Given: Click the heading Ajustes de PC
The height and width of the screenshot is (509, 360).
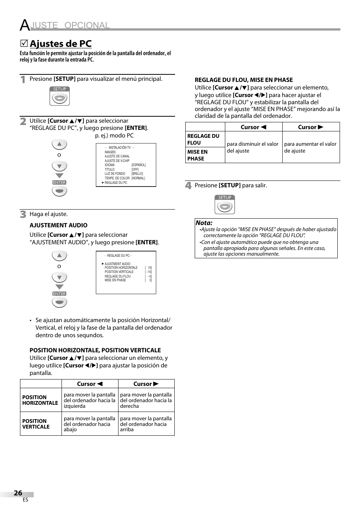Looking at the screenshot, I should tap(60, 44).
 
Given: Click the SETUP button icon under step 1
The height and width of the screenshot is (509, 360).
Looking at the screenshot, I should tap(60, 97).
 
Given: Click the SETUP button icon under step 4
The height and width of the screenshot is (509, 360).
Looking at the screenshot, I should tap(225, 205).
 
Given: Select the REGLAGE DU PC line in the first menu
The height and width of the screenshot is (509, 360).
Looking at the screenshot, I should tap(115, 183).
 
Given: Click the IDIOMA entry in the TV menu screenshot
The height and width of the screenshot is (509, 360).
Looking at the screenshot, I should tap(109, 165).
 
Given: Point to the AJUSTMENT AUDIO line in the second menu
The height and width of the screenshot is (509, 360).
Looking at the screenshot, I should tap(117, 264).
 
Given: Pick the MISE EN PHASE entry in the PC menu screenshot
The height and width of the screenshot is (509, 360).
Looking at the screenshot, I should tap(115, 280).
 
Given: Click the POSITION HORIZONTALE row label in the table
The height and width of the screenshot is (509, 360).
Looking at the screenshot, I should tap(40, 400).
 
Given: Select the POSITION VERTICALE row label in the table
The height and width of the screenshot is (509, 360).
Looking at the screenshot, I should tap(36, 424).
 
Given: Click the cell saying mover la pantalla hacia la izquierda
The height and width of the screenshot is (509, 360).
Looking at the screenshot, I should tap(89, 400).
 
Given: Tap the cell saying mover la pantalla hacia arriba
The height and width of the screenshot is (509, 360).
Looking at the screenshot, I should tap(146, 424).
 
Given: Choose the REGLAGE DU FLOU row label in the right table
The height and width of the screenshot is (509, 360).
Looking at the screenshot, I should tap(203, 139).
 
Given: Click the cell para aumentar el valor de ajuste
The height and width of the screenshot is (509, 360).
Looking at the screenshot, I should tap(310, 147).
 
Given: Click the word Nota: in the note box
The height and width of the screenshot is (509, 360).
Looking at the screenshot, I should tap(204, 223).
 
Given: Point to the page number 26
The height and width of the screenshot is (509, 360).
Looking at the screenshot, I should tap(18, 493).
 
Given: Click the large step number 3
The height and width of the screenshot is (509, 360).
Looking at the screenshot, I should tap(23, 214).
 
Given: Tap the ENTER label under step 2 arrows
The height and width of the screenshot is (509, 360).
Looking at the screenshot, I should tap(59, 182).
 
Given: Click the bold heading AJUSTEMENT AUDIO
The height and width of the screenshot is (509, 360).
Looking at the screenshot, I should tap(58, 225).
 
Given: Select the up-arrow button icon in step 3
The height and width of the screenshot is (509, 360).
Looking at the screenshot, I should tap(59, 256).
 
